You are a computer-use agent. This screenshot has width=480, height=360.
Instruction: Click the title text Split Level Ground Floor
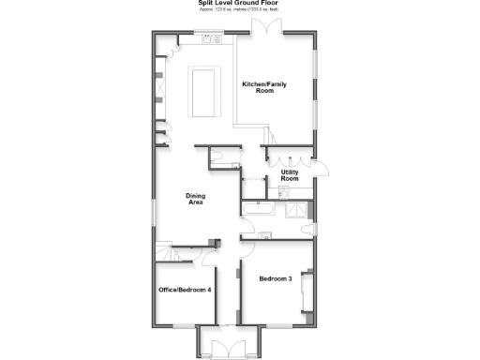[x=240, y=4]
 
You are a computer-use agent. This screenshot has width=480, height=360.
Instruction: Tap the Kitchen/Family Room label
[x=264, y=87]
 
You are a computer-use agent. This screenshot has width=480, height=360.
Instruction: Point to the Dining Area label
[x=197, y=199]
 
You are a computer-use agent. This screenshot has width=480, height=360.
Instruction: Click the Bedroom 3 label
[x=276, y=278]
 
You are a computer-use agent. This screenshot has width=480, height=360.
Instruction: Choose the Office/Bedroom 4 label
[x=185, y=291]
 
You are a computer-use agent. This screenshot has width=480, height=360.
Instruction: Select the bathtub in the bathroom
[x=260, y=209]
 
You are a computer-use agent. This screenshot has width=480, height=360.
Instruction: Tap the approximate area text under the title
[x=240, y=12]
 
